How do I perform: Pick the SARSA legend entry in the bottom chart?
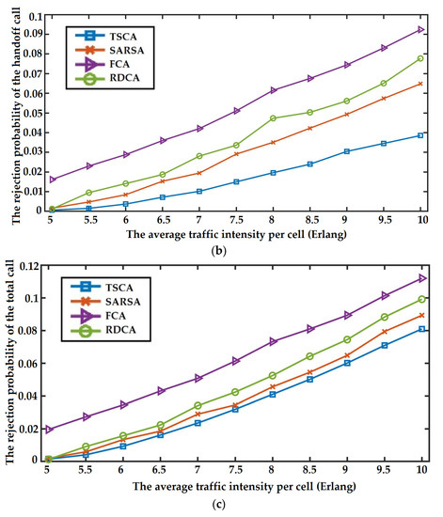click(111, 297)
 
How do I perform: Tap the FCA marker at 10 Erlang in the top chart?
click(419, 29)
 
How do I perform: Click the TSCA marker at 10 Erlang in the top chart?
click(419, 135)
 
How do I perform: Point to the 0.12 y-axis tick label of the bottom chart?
click(31, 266)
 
